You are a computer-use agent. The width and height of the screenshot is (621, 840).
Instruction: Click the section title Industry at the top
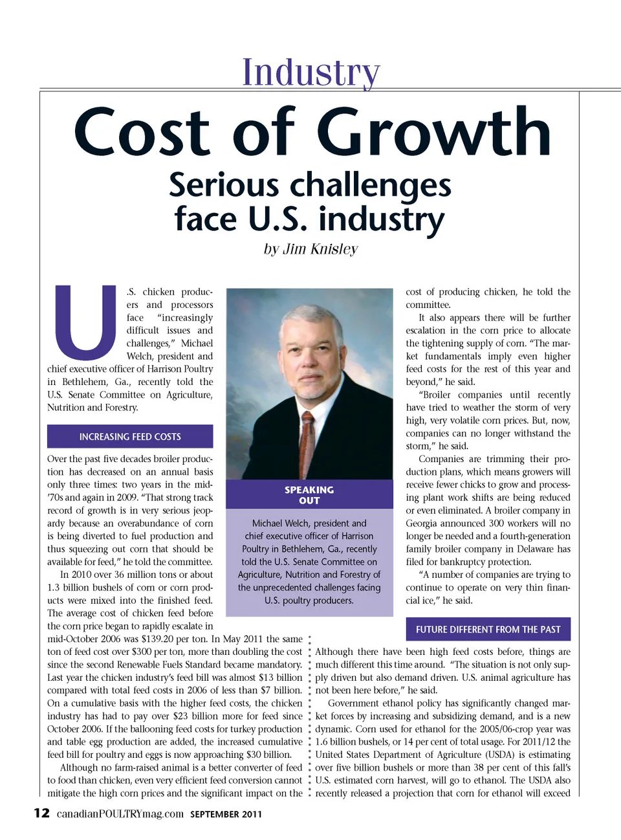[311, 72]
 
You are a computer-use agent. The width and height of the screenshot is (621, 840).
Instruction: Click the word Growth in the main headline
[433, 132]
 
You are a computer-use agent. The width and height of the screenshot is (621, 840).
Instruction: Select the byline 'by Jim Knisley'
[310, 249]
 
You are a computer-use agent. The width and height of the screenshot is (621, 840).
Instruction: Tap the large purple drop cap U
[85, 322]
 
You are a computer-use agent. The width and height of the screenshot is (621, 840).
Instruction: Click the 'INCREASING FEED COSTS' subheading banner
[130, 437]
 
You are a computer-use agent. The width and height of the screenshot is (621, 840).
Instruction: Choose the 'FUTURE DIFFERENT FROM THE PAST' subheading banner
[488, 629]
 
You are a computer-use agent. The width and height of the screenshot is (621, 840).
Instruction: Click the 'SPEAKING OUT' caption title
[309, 495]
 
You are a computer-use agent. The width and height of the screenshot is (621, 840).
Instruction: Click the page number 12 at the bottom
[41, 813]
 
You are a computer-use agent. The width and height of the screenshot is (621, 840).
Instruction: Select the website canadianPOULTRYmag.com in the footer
[120, 813]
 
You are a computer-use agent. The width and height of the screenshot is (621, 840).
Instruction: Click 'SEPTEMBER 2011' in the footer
[226, 814]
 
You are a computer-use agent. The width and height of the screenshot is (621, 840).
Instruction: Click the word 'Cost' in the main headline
[142, 132]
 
